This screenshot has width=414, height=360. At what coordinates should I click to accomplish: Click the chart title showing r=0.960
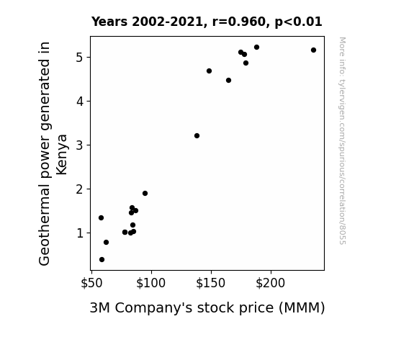207,22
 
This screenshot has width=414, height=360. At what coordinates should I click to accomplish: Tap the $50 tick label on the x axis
91,283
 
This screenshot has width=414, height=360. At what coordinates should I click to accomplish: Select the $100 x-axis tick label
150,283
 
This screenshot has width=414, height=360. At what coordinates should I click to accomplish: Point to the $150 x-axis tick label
210,283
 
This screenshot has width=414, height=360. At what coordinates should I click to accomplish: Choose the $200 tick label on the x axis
271,283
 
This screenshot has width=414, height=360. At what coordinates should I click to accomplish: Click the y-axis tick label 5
79,58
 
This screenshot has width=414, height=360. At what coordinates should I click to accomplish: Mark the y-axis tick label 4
79,101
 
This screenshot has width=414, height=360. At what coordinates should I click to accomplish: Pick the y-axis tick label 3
79,145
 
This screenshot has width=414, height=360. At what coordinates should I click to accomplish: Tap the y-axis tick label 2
79,189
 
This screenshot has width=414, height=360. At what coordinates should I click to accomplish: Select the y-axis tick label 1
80,233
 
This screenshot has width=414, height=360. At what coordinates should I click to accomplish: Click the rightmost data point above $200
313,50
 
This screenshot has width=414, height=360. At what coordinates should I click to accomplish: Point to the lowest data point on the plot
102,260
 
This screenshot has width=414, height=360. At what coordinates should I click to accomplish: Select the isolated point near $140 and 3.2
197,136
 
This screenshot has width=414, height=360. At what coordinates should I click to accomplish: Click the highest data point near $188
256,48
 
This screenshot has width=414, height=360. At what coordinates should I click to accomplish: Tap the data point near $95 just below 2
145,194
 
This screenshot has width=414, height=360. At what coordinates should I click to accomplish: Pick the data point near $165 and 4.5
229,81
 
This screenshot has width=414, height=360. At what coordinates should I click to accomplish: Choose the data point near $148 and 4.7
209,71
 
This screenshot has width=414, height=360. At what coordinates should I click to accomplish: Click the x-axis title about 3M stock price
207,308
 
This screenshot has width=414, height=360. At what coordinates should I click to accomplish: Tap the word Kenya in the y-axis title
62,155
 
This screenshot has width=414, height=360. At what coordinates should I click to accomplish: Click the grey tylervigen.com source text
342,141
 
